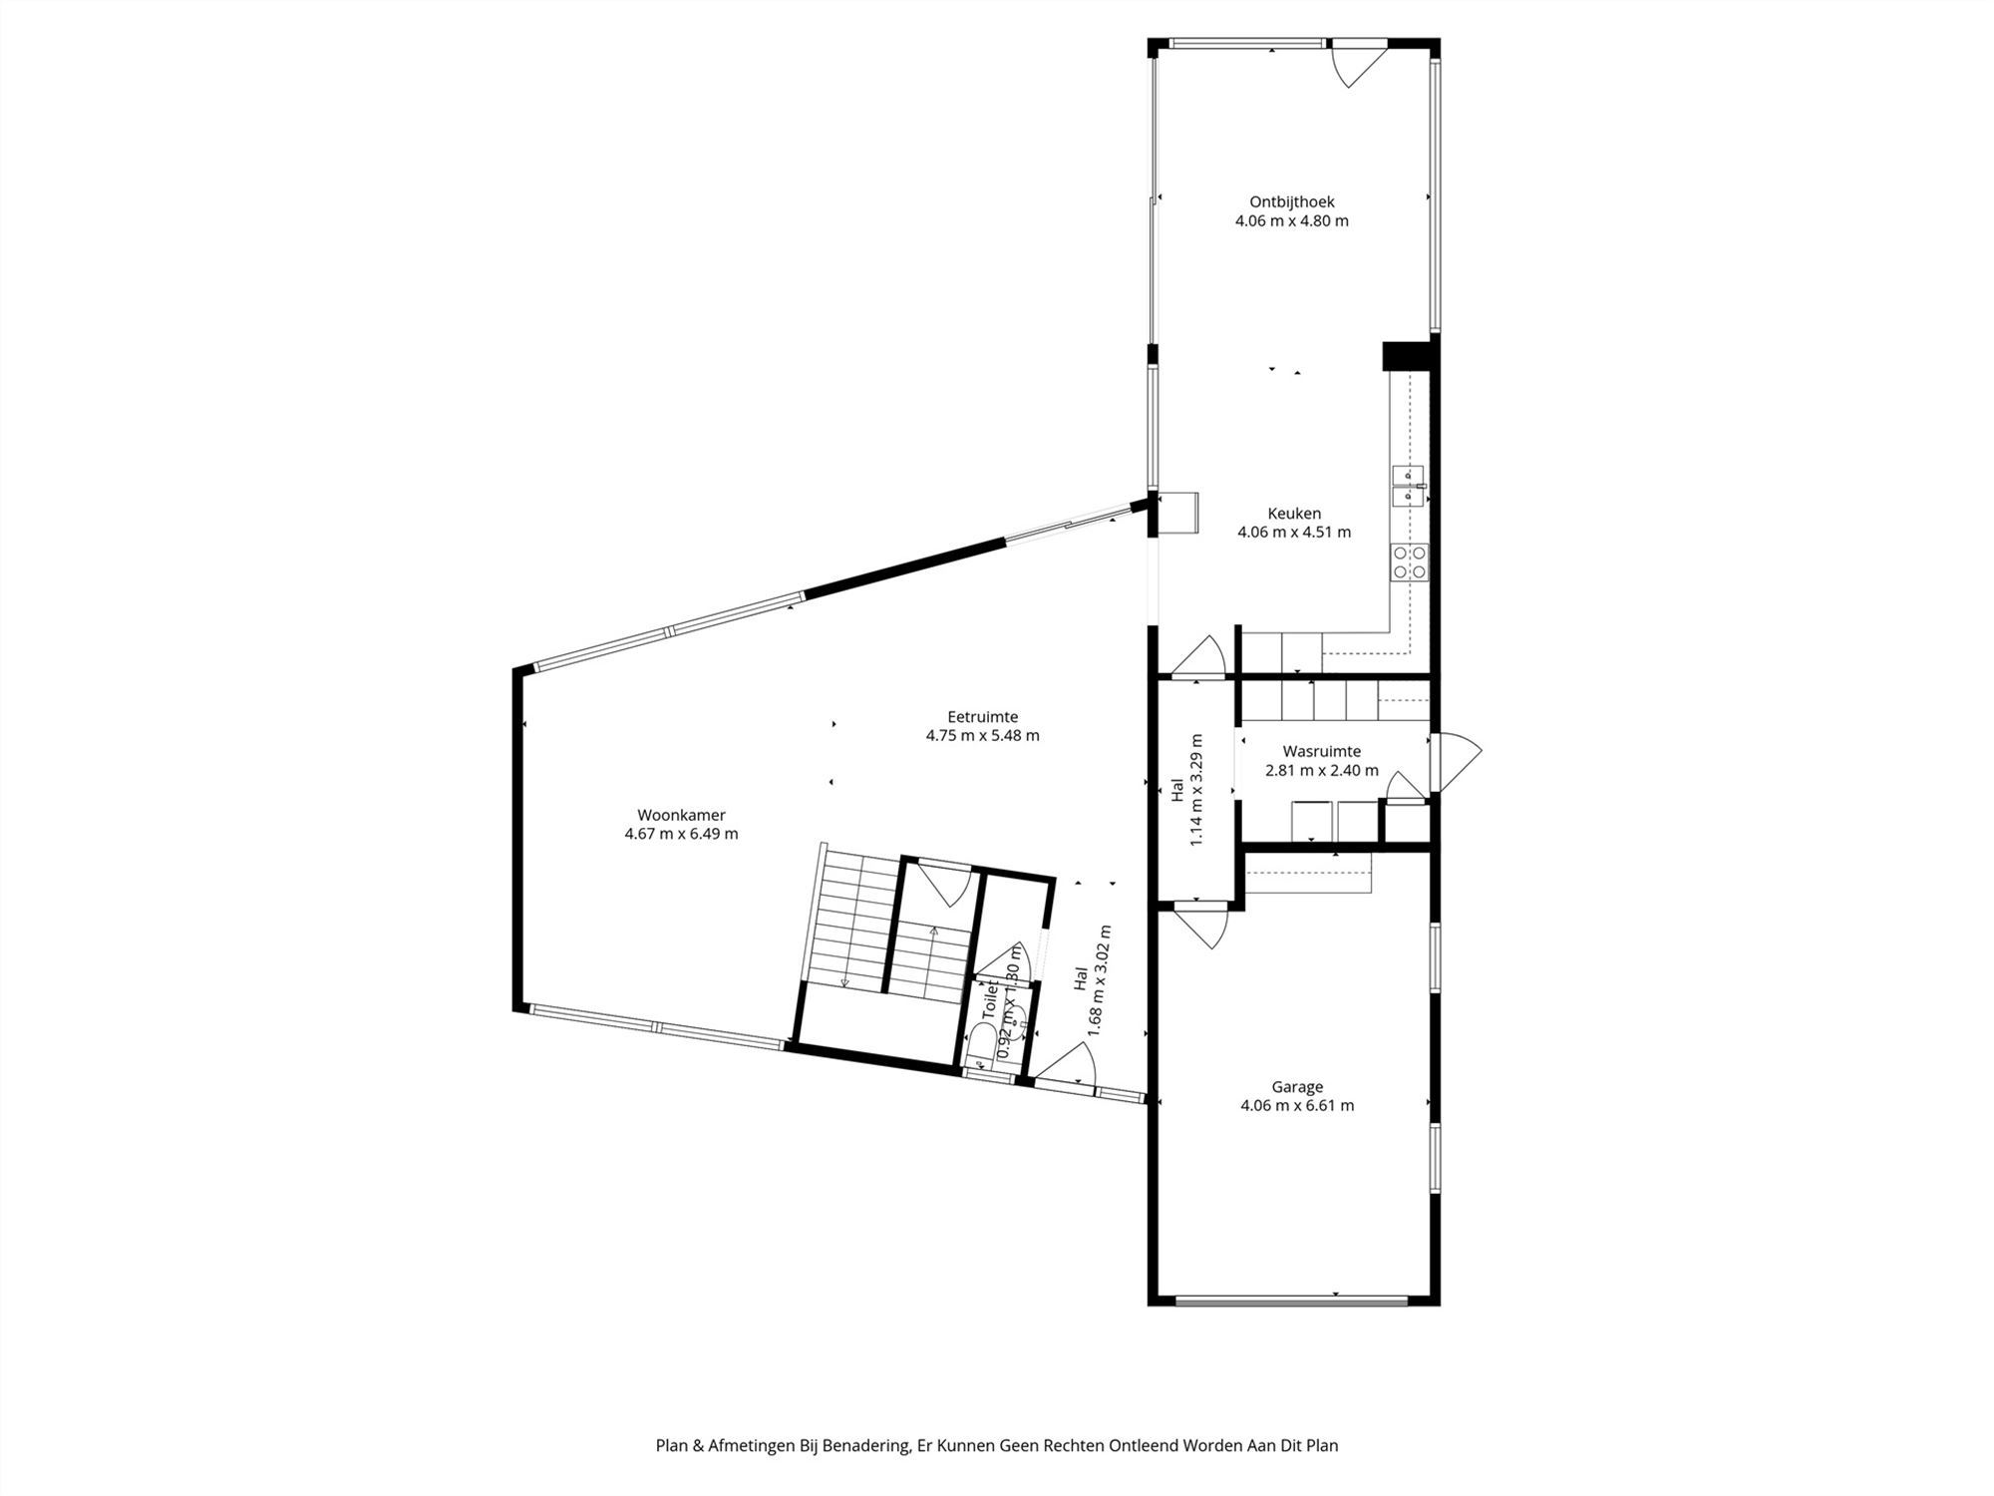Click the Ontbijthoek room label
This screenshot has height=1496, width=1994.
[1291, 202]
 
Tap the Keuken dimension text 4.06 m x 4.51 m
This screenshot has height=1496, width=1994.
[1294, 533]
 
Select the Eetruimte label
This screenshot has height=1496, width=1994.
[982, 716]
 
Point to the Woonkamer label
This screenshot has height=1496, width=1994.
[681, 815]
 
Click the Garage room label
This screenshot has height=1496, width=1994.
[1297, 1087]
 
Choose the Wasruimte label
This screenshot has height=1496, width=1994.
[1321, 751]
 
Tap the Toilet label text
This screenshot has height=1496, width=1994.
[990, 999]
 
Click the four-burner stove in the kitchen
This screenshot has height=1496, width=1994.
[1410, 562]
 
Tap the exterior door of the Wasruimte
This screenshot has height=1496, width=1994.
[1456, 763]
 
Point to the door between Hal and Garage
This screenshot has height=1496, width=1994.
[1201, 926]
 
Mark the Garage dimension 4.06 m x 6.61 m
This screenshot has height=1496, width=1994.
[1297, 1106]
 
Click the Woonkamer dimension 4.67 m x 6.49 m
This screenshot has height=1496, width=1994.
[681, 834]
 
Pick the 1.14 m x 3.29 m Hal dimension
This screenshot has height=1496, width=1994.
[1196, 790]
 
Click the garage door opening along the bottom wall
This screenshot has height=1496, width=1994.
[1291, 1300]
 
